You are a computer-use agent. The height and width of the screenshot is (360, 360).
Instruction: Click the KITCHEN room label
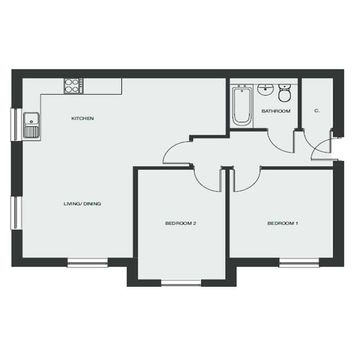[x=83, y=118]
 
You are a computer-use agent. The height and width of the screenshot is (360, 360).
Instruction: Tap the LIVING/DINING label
[x=82, y=204]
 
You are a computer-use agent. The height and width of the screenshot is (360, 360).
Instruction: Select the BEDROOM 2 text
[x=181, y=223]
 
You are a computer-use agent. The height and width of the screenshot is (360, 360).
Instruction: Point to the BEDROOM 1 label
[x=283, y=223]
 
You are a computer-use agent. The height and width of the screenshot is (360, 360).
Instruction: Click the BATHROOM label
[x=276, y=111]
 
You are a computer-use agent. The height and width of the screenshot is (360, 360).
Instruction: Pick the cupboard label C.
[x=317, y=111]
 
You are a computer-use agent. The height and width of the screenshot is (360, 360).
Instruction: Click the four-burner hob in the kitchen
[x=74, y=86]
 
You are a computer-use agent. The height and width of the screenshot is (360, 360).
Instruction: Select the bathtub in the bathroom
[x=242, y=106]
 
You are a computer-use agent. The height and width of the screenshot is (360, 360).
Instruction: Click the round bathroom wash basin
[x=266, y=90]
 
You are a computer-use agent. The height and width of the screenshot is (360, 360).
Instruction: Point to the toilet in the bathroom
[x=285, y=93]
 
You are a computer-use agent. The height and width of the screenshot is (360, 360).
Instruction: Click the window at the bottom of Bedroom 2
[x=181, y=283]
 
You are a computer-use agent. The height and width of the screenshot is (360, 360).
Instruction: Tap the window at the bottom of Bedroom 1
[x=299, y=263]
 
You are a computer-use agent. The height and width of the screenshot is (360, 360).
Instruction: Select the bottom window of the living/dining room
[x=88, y=263]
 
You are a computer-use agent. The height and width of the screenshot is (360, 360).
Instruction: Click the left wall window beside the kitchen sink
[x=16, y=124]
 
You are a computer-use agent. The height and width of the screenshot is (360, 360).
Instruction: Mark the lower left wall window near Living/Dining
[x=16, y=213]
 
